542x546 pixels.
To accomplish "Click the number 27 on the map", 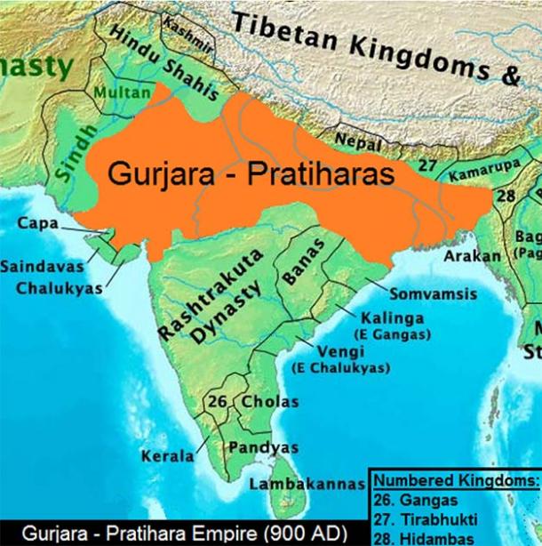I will [x=428, y=165].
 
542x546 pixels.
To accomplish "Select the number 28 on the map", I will [x=506, y=194].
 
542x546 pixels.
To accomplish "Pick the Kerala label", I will [x=166, y=456].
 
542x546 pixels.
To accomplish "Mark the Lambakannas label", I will [x=307, y=486].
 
